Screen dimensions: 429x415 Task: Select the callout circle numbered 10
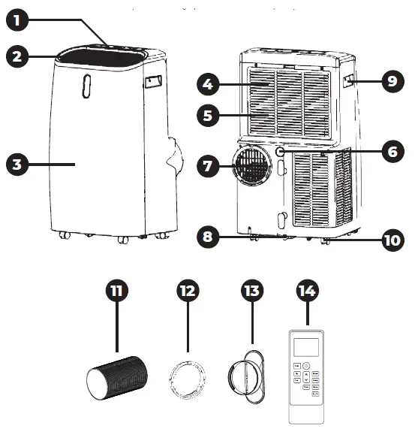[x=392, y=240]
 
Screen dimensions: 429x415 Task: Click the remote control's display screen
[x=308, y=346]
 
